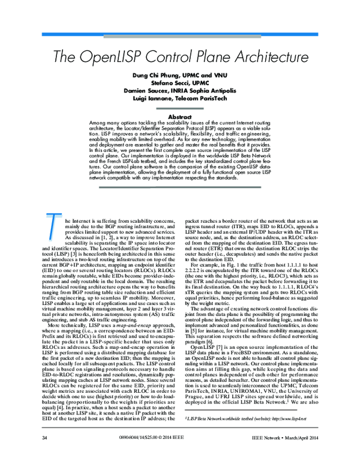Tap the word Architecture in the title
pyautogui.click(x=262, y=58)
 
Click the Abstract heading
pyautogui.click(x=179, y=116)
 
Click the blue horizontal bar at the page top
pyautogui.click(x=180, y=36)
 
